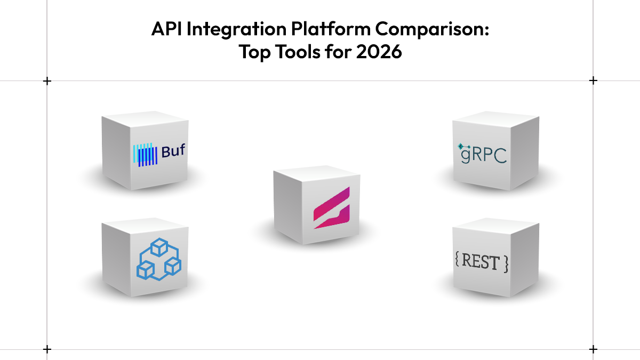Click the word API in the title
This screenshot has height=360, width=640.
pos(166,29)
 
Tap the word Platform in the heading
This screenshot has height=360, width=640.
pos(331,29)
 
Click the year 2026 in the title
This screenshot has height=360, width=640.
pos(379,52)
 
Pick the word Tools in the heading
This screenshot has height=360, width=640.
pos(298,52)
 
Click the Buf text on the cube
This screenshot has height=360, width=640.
pos(173,151)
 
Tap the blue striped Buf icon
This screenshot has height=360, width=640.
pos(145,155)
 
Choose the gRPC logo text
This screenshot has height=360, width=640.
pos(483,155)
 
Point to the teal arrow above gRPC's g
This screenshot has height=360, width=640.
pos(463,147)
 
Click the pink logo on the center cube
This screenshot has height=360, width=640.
pos(331,208)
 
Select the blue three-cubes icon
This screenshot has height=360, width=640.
pos(159,259)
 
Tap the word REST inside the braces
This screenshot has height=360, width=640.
pos(481,261)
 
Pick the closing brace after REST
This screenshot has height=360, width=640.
pos(506,264)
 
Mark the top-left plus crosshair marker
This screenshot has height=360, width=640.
pos(47,81)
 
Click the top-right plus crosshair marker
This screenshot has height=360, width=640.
pos(593,81)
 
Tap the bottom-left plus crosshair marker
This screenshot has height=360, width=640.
pos(47,349)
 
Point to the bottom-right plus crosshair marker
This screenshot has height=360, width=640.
pos(593,349)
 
